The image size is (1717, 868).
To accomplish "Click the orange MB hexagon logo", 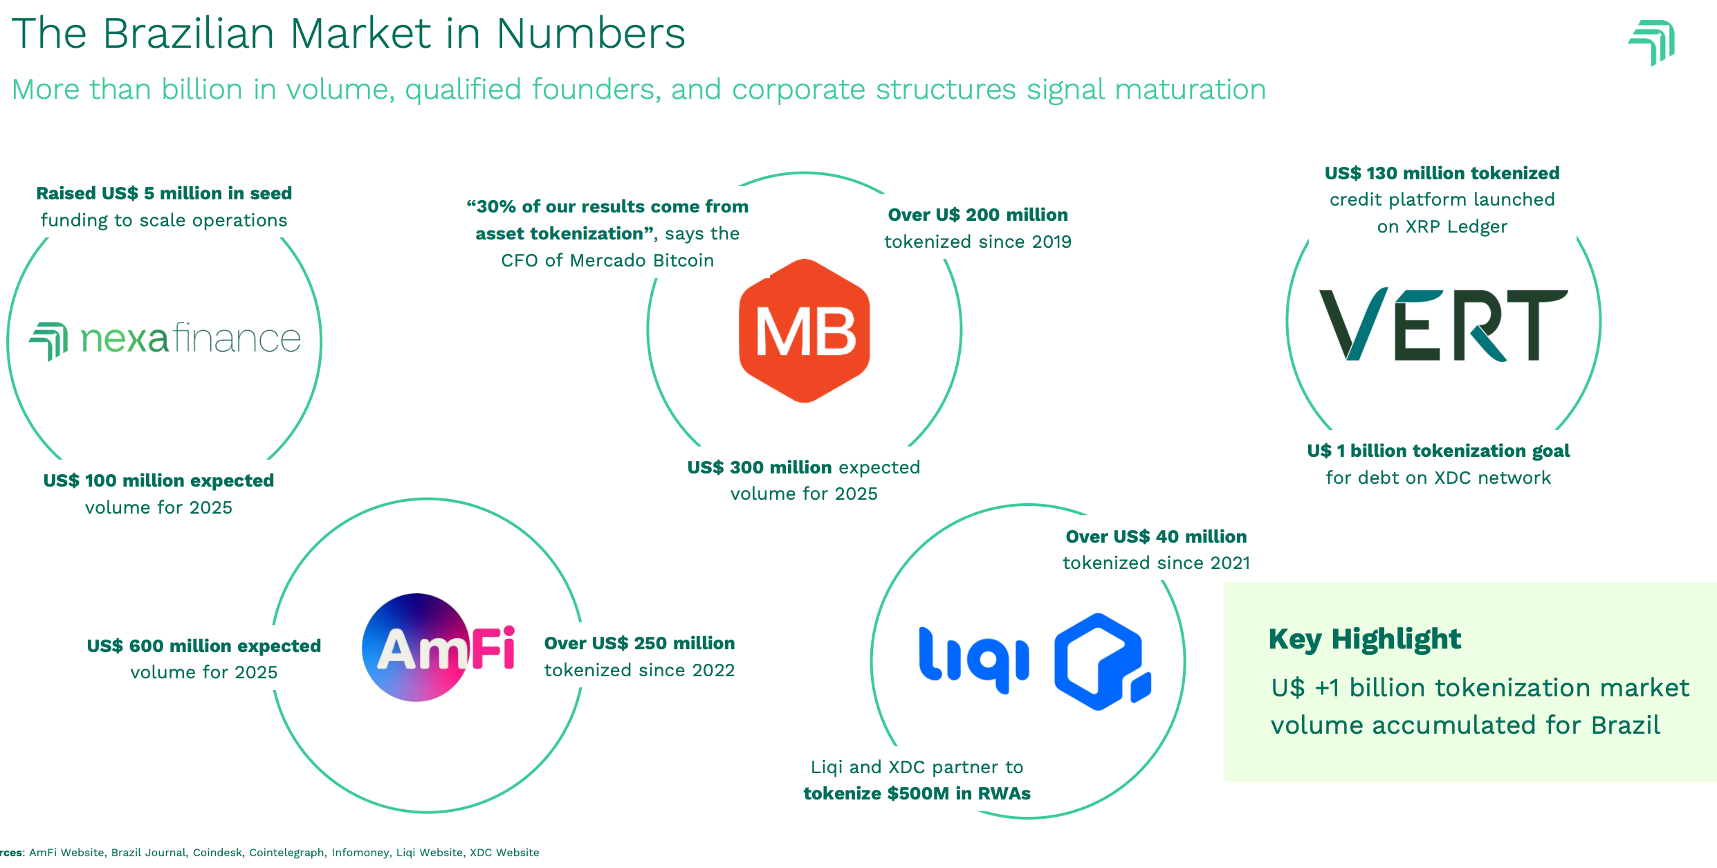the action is click(804, 331).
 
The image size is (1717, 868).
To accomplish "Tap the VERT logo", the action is click(1443, 325).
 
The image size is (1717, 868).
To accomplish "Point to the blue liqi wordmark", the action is click(973, 660).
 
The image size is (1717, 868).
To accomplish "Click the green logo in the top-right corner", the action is click(1652, 42).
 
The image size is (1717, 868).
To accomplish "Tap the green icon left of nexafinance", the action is click(48, 341).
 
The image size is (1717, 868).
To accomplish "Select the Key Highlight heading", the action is click(1364, 638).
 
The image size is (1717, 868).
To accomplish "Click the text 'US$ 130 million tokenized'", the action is click(1442, 173).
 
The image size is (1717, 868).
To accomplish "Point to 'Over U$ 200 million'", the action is click(977, 215).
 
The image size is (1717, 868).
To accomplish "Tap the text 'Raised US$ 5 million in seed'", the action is click(164, 193).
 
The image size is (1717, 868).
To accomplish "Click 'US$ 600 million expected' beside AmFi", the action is click(203, 646).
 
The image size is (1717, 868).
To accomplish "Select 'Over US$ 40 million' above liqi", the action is click(1156, 536).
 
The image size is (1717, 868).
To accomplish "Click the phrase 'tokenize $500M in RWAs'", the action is click(917, 793).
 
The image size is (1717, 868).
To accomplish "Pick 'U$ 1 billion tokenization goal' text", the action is click(1438, 451).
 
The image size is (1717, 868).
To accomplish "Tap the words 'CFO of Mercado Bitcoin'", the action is click(607, 260).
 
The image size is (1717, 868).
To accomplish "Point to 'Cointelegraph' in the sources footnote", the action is click(286, 852).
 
